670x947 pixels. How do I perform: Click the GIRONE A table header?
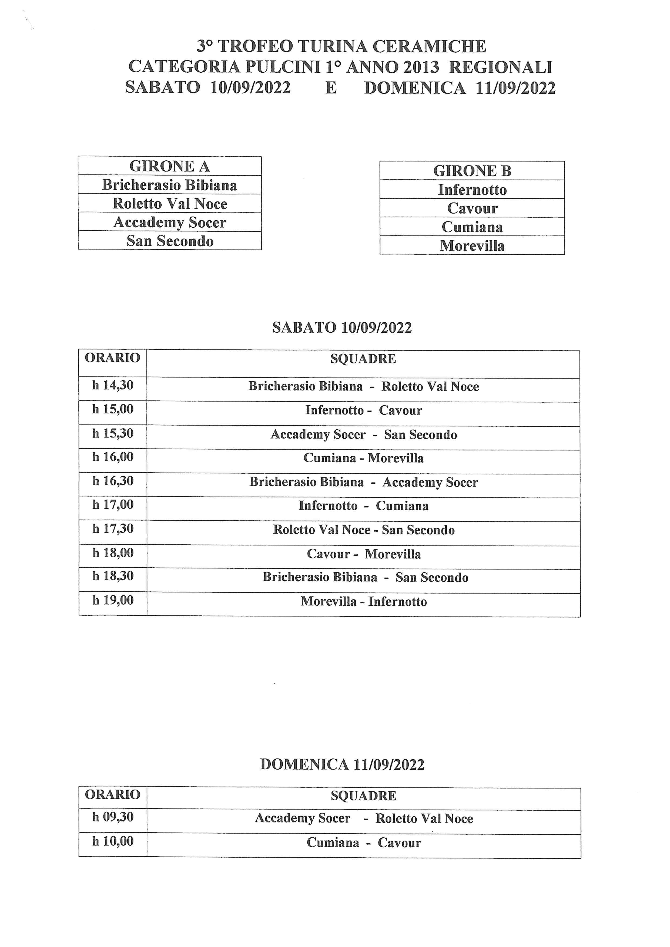(x=170, y=166)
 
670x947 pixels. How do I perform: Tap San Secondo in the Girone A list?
(x=170, y=241)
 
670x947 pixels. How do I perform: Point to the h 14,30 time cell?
(x=113, y=385)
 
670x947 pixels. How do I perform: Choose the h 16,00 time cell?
(x=113, y=457)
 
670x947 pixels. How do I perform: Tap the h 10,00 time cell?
(x=113, y=841)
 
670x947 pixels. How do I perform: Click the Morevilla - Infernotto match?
(x=363, y=601)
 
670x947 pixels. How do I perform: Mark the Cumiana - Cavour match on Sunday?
(x=363, y=842)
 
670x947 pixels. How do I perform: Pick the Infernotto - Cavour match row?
(x=363, y=410)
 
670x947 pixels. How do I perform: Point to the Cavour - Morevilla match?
(x=363, y=554)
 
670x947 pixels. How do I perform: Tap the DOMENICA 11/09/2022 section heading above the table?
(x=342, y=764)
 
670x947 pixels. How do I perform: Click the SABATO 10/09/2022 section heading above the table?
(x=342, y=328)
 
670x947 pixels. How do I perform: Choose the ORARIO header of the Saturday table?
(x=113, y=358)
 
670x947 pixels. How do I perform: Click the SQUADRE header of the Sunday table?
(x=363, y=796)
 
